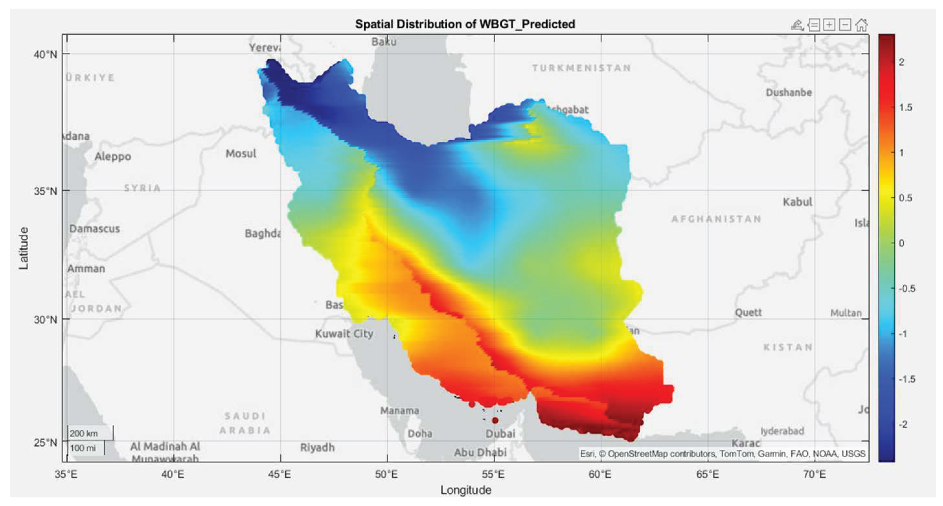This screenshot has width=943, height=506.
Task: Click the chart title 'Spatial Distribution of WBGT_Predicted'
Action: click(x=465, y=24)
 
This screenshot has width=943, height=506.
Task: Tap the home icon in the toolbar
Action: click(x=861, y=25)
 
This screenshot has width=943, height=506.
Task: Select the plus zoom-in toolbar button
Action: click(x=829, y=25)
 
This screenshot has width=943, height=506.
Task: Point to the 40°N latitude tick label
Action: click(x=46, y=55)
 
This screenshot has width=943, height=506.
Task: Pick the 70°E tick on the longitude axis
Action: click(x=814, y=474)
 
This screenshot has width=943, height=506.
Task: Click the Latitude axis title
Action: click(x=24, y=248)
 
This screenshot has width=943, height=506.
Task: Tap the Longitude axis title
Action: click(x=466, y=490)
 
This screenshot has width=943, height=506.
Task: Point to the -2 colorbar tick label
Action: click(x=903, y=424)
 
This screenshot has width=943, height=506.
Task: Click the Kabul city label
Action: click(x=797, y=202)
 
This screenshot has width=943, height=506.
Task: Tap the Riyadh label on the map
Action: click(x=317, y=447)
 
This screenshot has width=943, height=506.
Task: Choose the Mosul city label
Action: click(x=241, y=154)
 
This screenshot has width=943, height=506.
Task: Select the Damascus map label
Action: click(x=94, y=229)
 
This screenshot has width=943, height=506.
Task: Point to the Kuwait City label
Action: click(x=344, y=334)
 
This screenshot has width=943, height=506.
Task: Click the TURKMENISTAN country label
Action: click(x=581, y=68)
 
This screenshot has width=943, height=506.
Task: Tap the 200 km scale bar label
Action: click(x=84, y=434)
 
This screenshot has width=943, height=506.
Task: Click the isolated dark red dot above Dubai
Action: click(x=495, y=420)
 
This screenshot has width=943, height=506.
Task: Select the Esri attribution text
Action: click(x=722, y=454)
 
